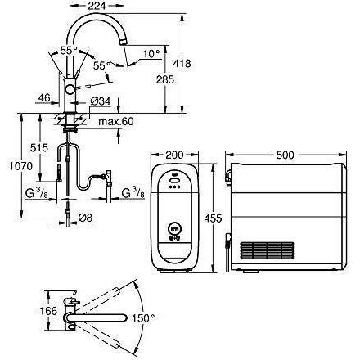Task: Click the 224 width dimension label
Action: [97, 6]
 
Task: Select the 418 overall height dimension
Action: [182, 64]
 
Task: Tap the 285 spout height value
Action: [165, 79]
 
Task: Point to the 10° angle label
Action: [151, 54]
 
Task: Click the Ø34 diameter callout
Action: [101, 101]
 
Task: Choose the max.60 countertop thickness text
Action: [116, 121]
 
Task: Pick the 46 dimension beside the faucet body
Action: [44, 97]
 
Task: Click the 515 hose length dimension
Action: [39, 148]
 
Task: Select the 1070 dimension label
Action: [20, 166]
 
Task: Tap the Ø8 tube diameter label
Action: [85, 218]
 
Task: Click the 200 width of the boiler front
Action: [174, 155]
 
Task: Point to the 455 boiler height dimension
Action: [213, 218]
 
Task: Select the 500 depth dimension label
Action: [285, 155]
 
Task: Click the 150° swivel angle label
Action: [143, 318]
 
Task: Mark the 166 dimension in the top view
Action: [48, 311]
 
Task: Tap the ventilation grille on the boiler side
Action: [267, 250]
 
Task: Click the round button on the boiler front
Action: [173, 228]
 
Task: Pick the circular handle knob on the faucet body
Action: [70, 89]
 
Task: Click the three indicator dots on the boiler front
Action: [174, 187]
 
